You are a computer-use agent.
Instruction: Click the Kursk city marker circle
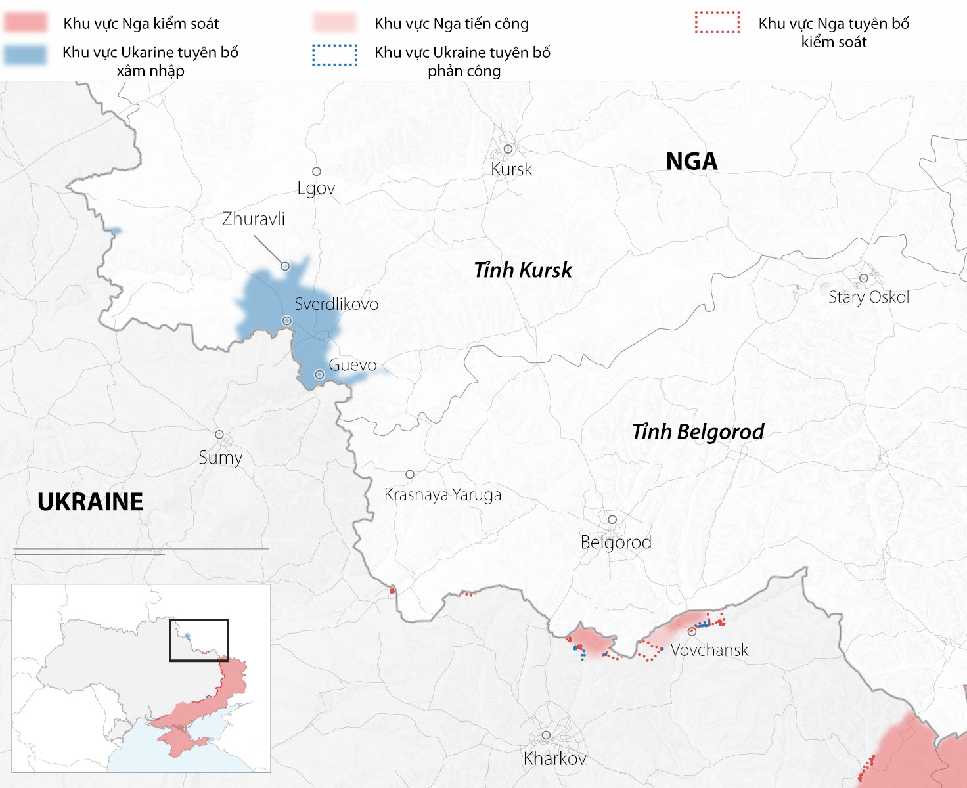[508, 149]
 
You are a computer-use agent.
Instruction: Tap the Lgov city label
[316, 188]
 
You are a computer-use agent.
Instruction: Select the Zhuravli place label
[254, 219]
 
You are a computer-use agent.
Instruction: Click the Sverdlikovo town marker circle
[287, 320]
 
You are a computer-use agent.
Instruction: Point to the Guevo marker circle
[319, 374]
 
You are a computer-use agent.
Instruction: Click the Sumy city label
[221, 457]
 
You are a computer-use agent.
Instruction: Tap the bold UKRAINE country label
[90, 502]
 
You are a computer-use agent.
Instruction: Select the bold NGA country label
[691, 162]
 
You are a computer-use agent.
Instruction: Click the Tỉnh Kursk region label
[523, 270]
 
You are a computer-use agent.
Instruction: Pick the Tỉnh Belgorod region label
[698, 431]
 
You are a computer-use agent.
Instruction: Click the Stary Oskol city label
[868, 297]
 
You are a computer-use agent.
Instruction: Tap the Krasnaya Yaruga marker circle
[410, 474]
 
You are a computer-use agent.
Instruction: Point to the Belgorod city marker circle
[612, 519]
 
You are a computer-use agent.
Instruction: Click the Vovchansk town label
[709, 650]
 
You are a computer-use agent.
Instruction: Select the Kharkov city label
[554, 758]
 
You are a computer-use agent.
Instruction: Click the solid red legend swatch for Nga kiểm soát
[26, 22]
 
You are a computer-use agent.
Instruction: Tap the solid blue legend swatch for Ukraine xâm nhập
[26, 55]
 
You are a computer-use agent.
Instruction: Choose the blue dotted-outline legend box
[335, 55]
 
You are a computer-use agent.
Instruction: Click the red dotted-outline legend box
[717, 22]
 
